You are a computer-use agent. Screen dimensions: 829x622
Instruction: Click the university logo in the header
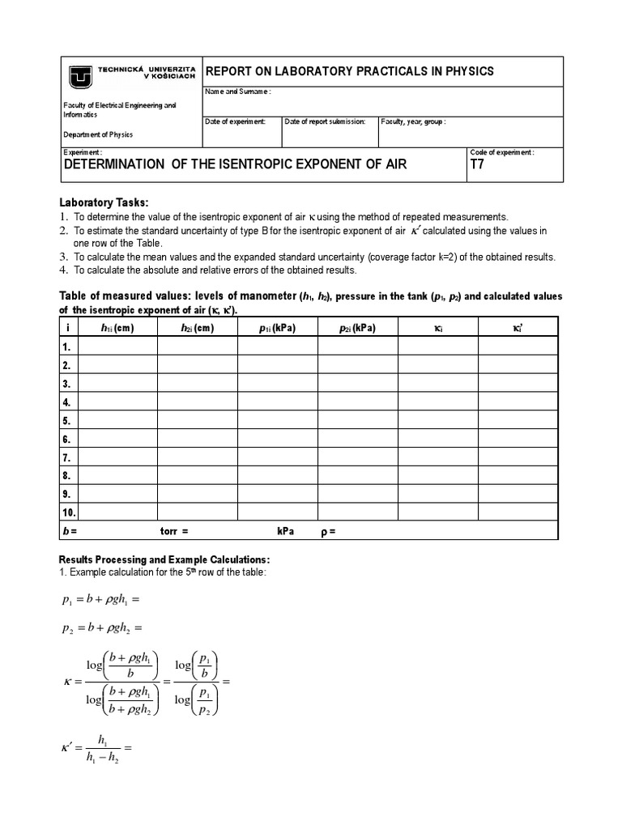pyautogui.click(x=81, y=76)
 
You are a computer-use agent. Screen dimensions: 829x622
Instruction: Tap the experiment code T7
pyautogui.click(x=478, y=165)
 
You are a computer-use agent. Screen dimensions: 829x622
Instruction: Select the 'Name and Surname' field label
pyautogui.click(x=238, y=91)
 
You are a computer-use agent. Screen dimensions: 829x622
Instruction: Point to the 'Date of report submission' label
pyautogui.click(x=326, y=121)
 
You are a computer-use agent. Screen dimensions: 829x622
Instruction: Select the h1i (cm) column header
pyautogui.click(x=117, y=328)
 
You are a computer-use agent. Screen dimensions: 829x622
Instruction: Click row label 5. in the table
pyautogui.click(x=67, y=420)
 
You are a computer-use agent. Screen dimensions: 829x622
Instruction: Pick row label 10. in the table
pyautogui.click(x=69, y=512)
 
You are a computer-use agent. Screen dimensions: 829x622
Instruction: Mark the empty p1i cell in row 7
pyautogui.click(x=277, y=457)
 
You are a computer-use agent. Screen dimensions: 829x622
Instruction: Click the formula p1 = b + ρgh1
pyautogui.click(x=100, y=600)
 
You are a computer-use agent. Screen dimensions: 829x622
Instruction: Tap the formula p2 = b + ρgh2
pyautogui.click(x=100, y=628)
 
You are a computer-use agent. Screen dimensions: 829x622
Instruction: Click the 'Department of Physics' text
pyautogui.click(x=98, y=135)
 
